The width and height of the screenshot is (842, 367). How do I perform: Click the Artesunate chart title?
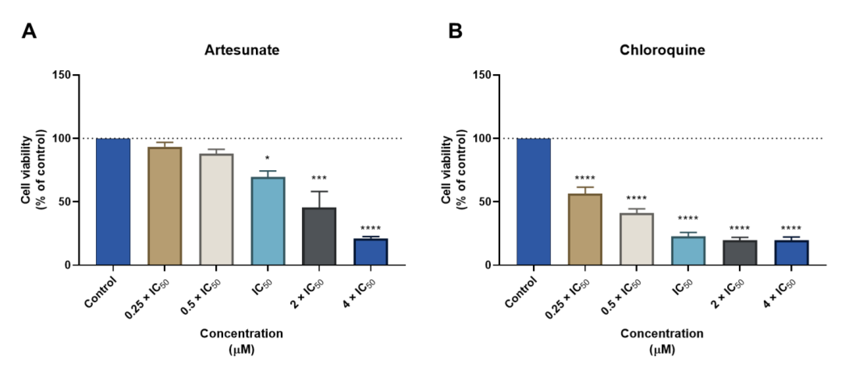click(x=242, y=50)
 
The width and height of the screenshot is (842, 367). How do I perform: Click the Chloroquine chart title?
click(x=662, y=50)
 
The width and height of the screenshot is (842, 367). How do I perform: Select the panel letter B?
click(x=455, y=32)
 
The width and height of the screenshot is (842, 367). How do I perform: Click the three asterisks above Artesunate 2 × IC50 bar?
click(x=319, y=178)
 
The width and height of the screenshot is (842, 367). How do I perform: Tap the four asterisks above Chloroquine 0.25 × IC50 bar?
click(x=585, y=178)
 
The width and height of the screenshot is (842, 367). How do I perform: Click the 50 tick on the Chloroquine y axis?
click(x=485, y=202)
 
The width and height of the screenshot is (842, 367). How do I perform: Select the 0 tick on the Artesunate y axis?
click(x=67, y=265)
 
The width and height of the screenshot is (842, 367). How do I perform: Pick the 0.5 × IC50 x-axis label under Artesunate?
click(x=201, y=297)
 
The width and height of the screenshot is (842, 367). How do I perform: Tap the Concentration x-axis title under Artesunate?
click(x=242, y=334)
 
